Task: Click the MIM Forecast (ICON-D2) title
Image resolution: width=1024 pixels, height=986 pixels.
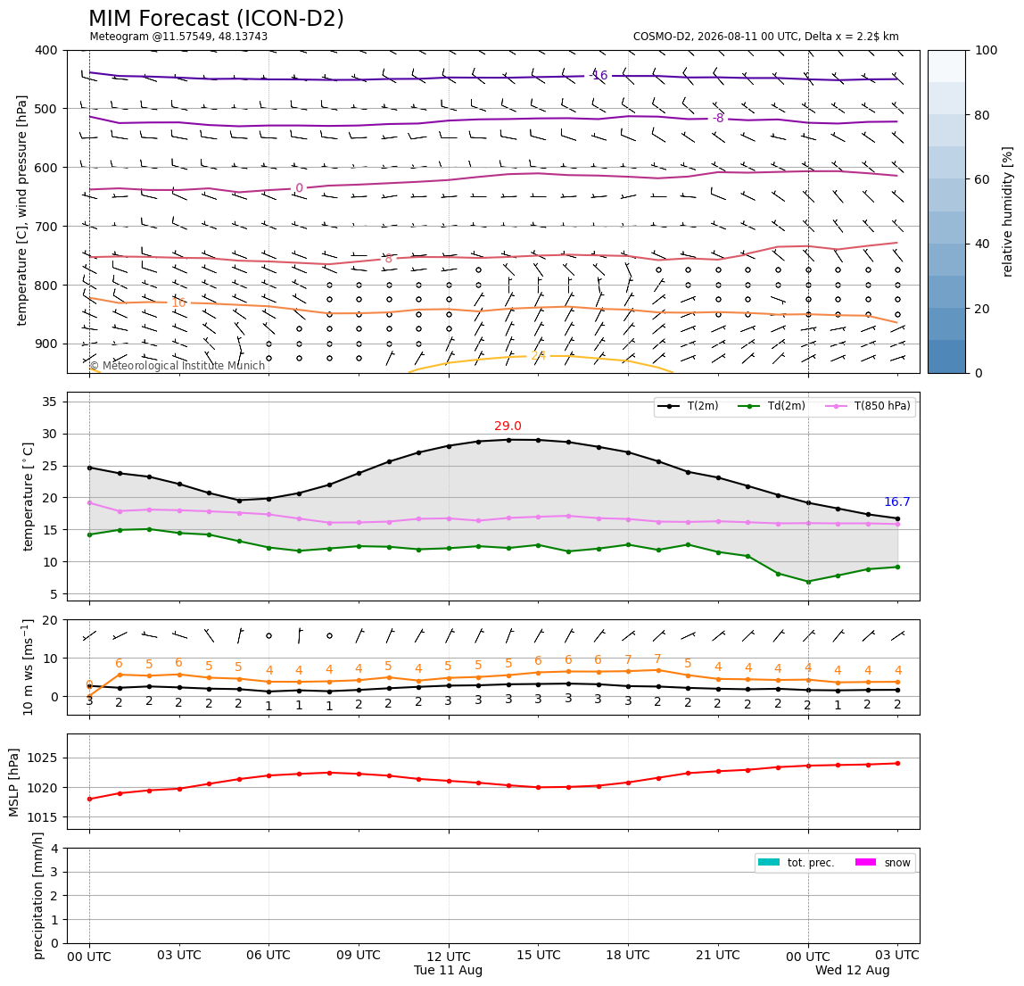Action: (216, 19)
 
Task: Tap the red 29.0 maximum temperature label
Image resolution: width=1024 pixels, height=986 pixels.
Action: (508, 426)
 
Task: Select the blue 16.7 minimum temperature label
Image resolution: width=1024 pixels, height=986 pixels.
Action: (896, 501)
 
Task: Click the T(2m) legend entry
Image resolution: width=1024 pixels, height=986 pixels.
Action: (688, 406)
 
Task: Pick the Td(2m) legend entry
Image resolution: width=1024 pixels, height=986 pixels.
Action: (772, 406)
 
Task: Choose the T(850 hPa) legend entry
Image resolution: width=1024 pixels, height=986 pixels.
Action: (868, 406)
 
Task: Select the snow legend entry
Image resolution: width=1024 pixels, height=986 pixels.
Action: (882, 863)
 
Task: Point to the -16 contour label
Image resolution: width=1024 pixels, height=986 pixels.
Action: (599, 75)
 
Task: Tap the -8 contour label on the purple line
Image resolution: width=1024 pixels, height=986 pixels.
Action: (718, 119)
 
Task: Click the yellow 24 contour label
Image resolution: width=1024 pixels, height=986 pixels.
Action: (538, 355)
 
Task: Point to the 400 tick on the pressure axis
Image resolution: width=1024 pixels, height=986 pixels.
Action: (47, 50)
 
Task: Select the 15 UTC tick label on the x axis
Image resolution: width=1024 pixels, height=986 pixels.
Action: (538, 955)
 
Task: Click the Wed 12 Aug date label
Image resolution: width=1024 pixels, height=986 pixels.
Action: (852, 970)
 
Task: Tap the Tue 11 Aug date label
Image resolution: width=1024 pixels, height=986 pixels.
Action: (448, 970)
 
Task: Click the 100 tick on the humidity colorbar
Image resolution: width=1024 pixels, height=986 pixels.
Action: (987, 50)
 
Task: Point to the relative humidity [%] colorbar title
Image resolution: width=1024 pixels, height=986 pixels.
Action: (1008, 211)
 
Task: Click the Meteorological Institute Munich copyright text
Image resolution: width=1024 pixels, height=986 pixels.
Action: (178, 365)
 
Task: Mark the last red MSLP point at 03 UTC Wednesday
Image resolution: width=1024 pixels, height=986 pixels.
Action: (897, 763)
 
